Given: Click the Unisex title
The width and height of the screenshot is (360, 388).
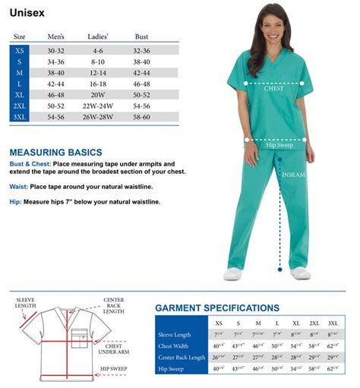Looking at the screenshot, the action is [25, 13].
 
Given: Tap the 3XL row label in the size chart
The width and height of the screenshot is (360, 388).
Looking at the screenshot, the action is [19, 118].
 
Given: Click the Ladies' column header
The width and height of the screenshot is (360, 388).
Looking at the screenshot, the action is [98, 36].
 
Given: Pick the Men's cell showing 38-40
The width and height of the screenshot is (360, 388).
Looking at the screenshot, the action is [55, 72].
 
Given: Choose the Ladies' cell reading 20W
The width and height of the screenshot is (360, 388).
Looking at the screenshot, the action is [98, 95].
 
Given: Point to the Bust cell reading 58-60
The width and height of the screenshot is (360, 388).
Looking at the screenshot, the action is [141, 118].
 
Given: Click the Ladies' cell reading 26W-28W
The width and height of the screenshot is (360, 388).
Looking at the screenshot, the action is [98, 118].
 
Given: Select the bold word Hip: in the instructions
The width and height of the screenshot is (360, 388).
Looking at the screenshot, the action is [15, 201].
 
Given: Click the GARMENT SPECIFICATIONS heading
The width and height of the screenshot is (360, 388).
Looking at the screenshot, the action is [216, 308].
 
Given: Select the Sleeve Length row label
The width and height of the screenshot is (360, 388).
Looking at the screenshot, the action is [175, 334].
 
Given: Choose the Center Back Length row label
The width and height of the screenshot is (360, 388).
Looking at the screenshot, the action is [181, 357].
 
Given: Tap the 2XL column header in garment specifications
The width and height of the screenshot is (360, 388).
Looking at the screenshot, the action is [314, 323].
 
